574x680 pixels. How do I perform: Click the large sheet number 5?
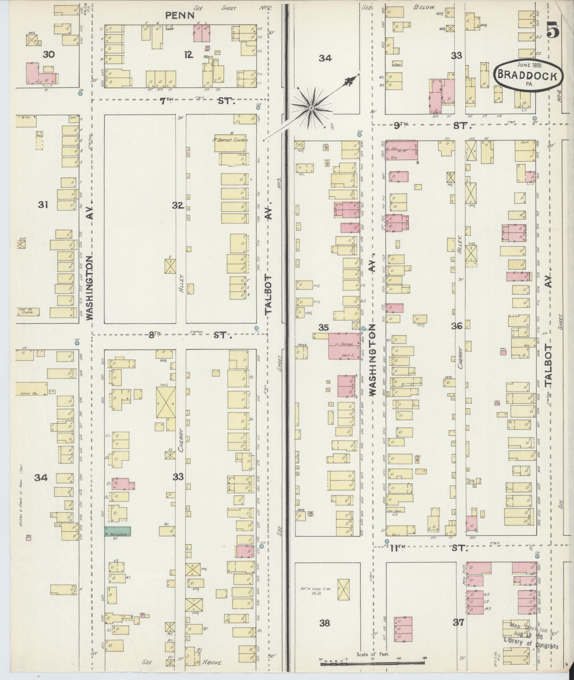pyautogui.click(x=553, y=30)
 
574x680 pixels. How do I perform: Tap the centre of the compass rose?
pyautogui.click(x=311, y=108)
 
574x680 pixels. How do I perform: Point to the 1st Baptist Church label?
pyautogui.click(x=231, y=140)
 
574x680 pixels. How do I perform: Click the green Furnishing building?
pyautogui.click(x=117, y=531)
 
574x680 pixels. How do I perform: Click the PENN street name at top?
pyautogui.click(x=180, y=15)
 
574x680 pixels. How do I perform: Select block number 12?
pyautogui.click(x=189, y=54)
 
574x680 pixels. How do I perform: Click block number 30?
pyautogui.click(x=49, y=54)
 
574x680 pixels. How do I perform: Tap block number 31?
pyautogui.click(x=43, y=205)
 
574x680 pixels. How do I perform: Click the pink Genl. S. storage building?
pyautogui.click(x=344, y=346)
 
